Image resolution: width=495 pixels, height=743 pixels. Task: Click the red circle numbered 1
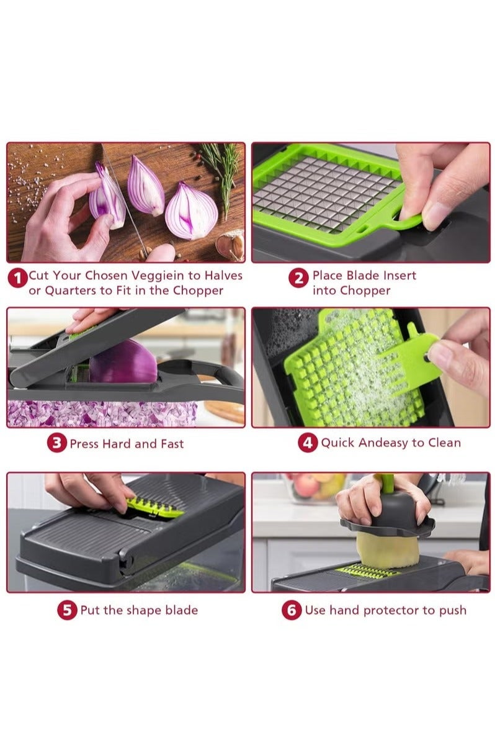tap(17, 278)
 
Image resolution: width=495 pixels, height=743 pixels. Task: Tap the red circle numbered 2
tap(298, 278)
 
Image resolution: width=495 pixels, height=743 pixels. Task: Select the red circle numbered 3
tap(57, 443)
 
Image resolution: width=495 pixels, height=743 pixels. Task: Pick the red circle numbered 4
tap(308, 443)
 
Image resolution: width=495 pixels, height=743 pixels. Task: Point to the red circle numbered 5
tap(67, 610)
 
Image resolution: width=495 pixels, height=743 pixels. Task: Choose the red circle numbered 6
tap(292, 610)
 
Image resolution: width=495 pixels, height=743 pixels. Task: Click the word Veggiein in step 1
tap(158, 276)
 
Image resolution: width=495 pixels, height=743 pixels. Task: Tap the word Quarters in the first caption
tap(70, 290)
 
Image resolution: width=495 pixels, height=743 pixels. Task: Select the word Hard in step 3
tap(117, 444)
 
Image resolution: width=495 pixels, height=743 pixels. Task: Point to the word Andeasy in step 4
tap(383, 443)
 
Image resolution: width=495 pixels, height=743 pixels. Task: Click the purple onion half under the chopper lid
tap(123, 361)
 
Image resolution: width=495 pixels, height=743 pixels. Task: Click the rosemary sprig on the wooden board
tap(223, 175)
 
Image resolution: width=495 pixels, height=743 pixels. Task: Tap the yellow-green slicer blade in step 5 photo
tap(154, 507)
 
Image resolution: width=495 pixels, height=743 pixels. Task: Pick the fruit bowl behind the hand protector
tap(315, 487)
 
